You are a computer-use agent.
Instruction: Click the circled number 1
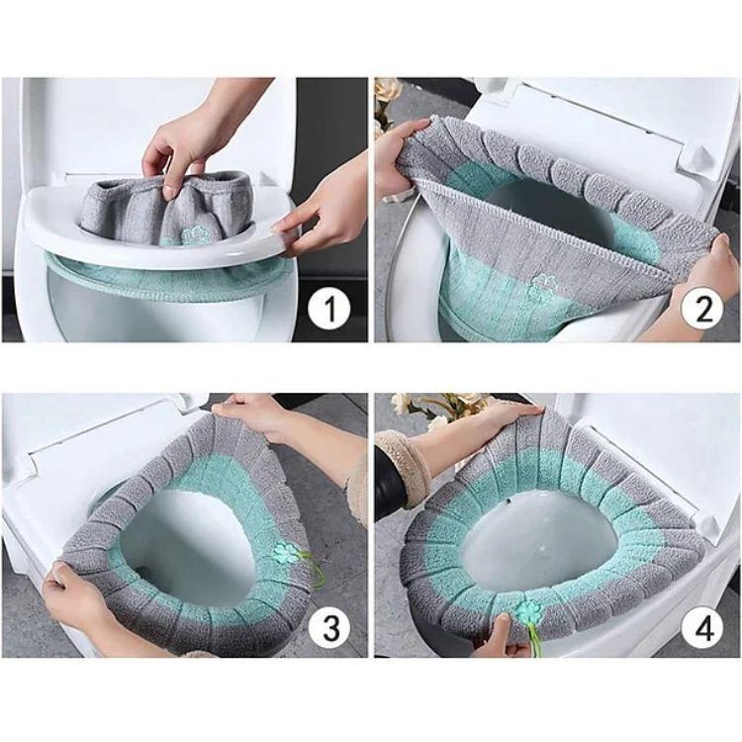(327, 310)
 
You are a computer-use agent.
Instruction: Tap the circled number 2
(703, 310)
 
